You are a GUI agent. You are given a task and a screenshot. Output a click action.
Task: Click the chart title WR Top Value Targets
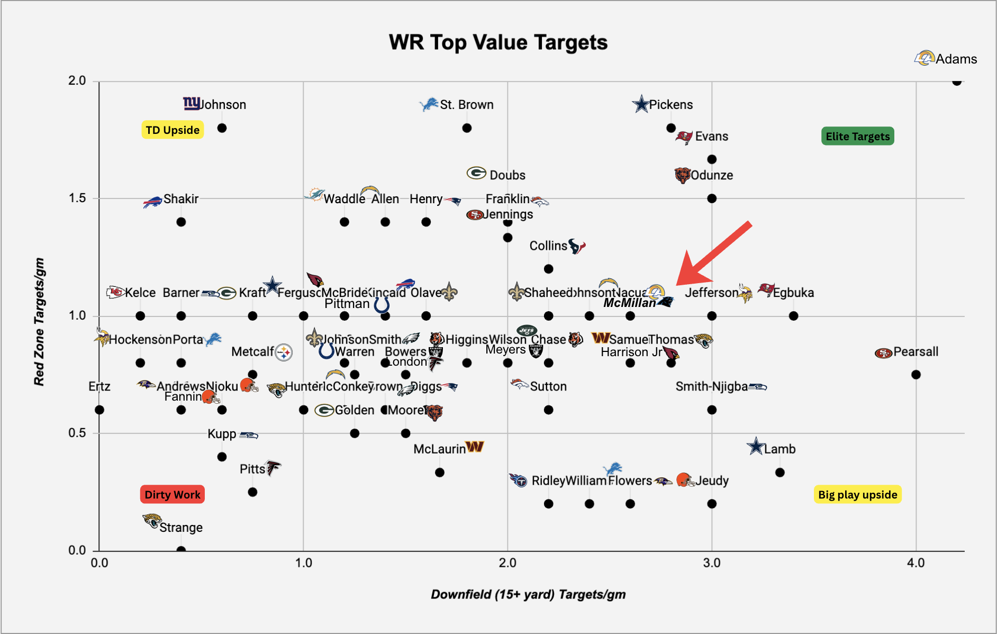point(498,42)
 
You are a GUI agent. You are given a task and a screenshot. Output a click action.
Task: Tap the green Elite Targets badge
point(857,136)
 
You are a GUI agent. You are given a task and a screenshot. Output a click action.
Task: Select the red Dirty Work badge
point(172,494)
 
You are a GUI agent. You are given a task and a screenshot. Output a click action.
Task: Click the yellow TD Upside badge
point(173,130)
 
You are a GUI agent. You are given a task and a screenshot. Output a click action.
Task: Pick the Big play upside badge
point(857,494)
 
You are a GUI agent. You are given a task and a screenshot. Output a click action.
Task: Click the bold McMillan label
point(629,303)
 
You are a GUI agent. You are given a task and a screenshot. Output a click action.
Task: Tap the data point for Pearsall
point(916,375)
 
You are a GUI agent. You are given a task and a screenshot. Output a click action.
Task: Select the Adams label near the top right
point(956,59)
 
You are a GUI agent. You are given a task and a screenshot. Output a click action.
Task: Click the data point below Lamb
point(780,472)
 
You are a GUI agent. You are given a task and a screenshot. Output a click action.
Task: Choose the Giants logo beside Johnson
point(191,103)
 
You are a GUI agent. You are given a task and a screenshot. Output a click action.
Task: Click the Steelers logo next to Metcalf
point(284,352)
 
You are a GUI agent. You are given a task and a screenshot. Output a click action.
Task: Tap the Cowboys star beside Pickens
point(641,104)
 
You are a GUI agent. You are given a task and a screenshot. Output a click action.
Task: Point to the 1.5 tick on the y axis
point(77,198)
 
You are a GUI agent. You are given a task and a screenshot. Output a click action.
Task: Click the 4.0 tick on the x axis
point(916,563)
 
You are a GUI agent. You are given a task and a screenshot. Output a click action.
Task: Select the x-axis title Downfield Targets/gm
point(528,594)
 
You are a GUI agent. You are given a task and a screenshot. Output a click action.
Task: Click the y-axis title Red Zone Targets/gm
point(39,322)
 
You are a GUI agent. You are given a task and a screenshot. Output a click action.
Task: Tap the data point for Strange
point(181,550)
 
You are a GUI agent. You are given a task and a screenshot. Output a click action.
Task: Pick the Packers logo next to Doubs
point(476,173)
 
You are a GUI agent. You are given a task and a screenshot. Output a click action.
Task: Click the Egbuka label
point(793,293)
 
